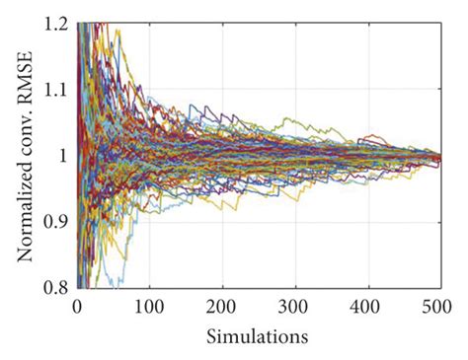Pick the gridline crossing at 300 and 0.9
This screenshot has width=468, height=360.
[x=295, y=222]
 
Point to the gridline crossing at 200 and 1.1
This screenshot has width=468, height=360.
[x=223, y=90]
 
